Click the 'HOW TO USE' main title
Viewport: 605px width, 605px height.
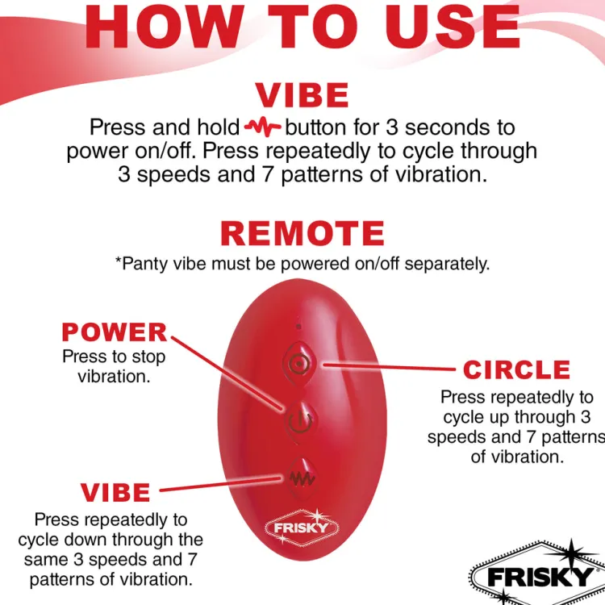click(302, 27)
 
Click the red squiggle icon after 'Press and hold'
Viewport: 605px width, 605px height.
click(263, 127)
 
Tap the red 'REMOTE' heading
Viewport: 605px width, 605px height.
click(302, 233)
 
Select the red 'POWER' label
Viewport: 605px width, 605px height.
click(115, 332)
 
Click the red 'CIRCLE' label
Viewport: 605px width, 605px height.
click(516, 369)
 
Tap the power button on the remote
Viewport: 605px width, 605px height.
click(300, 421)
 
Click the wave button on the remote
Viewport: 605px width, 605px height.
click(302, 479)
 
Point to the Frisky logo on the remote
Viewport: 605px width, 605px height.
click(302, 527)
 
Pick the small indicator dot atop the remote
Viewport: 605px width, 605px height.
click(298, 327)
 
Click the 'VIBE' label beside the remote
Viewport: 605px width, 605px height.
click(115, 492)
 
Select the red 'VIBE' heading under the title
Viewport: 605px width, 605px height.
click(302, 95)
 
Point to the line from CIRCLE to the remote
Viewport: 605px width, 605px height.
click(390, 366)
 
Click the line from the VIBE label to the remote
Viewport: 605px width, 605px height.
click(220, 485)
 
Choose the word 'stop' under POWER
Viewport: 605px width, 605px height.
click(148, 357)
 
